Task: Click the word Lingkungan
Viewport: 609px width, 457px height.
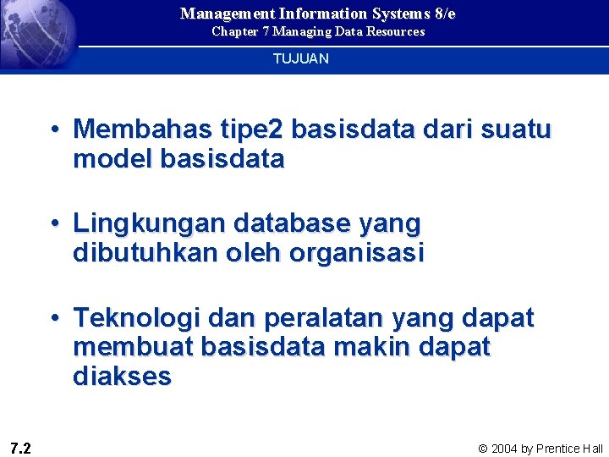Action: point(149,223)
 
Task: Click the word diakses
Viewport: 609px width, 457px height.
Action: point(122,376)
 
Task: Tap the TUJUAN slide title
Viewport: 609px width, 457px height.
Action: point(300,59)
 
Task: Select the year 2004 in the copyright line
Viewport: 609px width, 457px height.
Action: point(506,449)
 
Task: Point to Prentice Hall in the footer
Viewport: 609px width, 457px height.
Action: point(569,449)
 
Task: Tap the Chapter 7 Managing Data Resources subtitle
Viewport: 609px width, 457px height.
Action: point(318,31)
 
